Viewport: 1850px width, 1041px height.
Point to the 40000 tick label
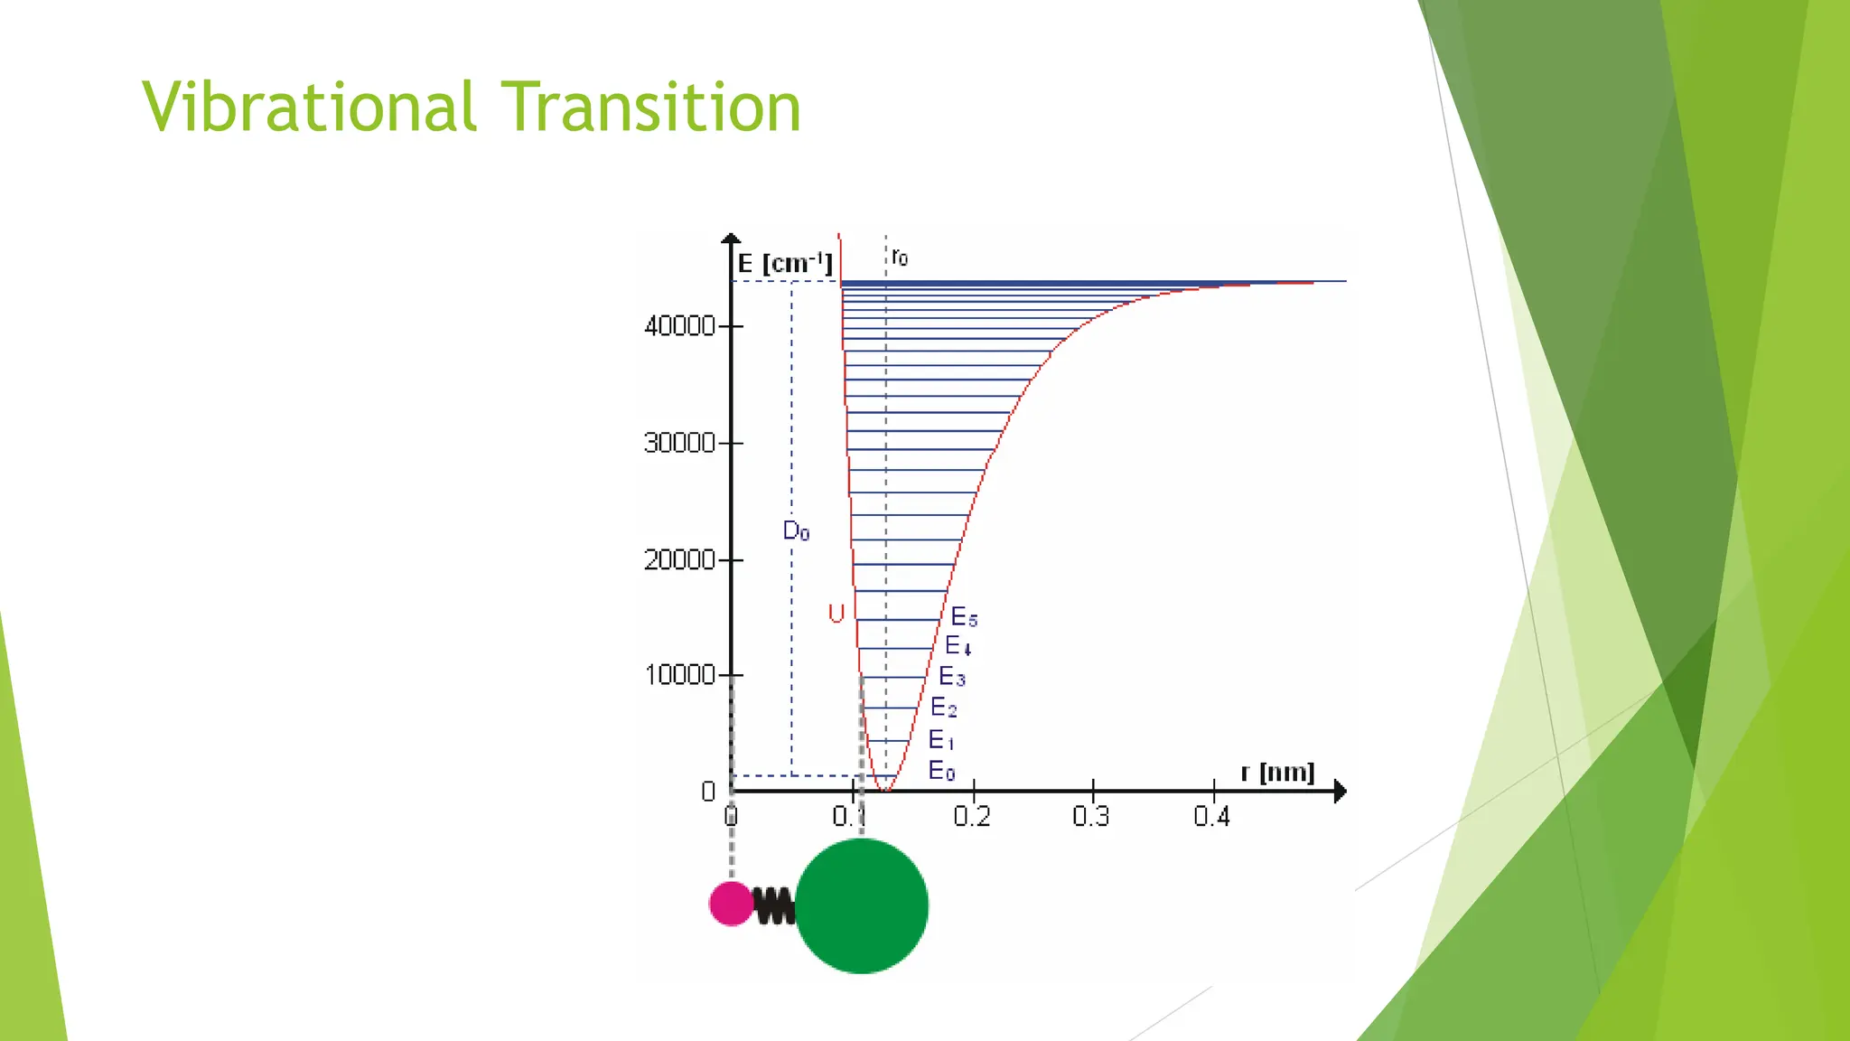click(x=679, y=326)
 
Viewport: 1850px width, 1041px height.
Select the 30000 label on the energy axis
click(x=679, y=443)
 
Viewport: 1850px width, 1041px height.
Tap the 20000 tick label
click(x=679, y=560)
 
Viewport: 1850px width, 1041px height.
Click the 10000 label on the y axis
click(x=679, y=675)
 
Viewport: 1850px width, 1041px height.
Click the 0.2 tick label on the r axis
click(x=972, y=817)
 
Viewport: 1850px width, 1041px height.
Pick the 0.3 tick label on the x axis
click(x=1091, y=817)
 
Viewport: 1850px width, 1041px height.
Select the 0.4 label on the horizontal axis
click(x=1211, y=817)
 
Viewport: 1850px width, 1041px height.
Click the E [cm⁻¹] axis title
click(x=784, y=264)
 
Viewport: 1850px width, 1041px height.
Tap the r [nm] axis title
click(x=1277, y=773)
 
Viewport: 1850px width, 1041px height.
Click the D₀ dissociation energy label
click(x=796, y=531)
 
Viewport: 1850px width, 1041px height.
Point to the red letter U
click(x=836, y=614)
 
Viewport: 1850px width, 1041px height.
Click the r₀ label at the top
click(x=899, y=258)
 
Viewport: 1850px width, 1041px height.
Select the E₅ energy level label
click(x=964, y=618)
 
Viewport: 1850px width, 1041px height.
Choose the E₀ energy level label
click(x=941, y=771)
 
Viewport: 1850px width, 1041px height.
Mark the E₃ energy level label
click(x=952, y=677)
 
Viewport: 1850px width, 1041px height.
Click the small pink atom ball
click(x=731, y=904)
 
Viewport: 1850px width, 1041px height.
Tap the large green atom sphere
click(x=862, y=906)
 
